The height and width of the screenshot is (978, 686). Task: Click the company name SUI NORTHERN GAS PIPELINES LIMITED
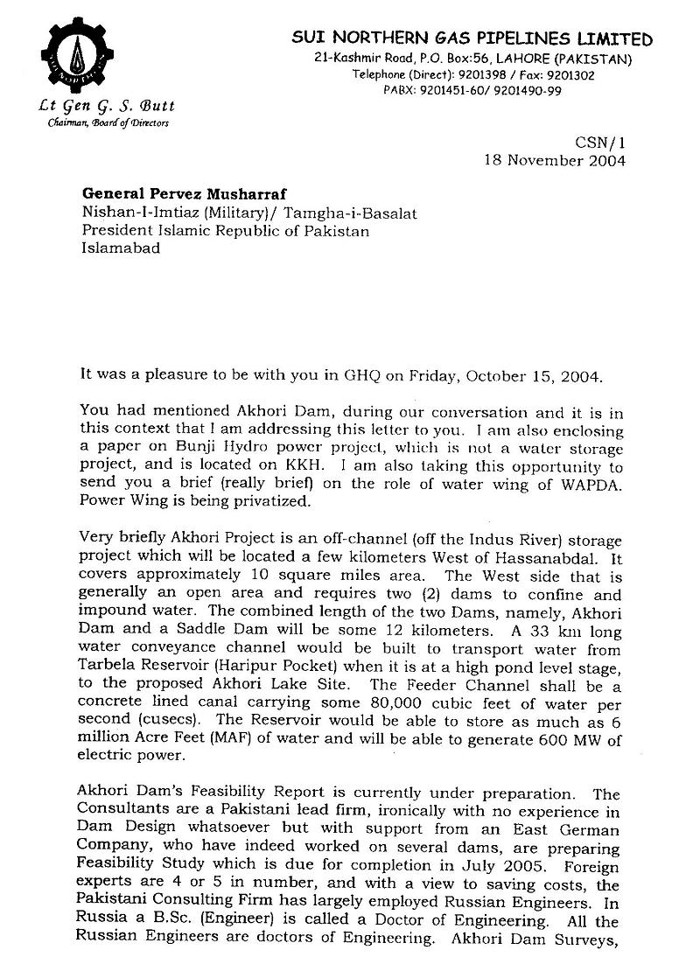[x=472, y=39]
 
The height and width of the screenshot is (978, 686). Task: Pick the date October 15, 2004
[x=545, y=377]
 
